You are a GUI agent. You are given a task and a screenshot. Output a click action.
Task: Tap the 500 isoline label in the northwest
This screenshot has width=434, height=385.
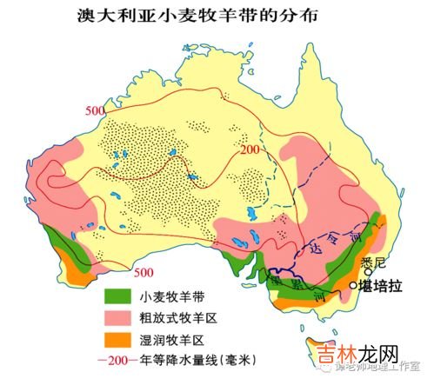[x=97, y=110]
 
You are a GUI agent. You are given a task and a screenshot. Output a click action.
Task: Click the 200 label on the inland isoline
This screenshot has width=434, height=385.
[x=251, y=150]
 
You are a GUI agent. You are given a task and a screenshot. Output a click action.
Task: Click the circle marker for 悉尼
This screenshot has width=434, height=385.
[x=369, y=271]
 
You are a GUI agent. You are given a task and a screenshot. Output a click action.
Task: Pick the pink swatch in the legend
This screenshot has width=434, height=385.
[x=132, y=315]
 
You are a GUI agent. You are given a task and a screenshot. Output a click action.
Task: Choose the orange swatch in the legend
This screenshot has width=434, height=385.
[x=132, y=337]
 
